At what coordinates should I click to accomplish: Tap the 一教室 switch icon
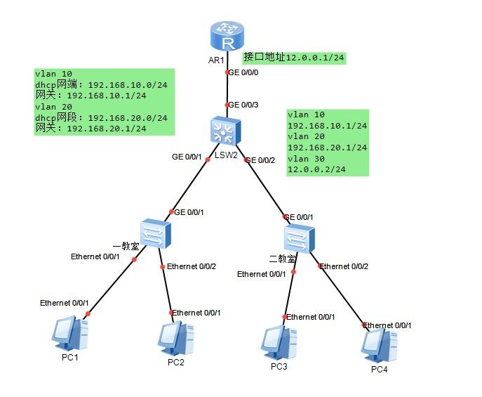[x=151, y=234]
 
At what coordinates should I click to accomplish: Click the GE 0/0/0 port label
[x=244, y=72]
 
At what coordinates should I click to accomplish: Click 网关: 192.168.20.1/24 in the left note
[x=91, y=128]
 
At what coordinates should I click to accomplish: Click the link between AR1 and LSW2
[x=226, y=88]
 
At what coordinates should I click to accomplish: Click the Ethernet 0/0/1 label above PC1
[x=64, y=303]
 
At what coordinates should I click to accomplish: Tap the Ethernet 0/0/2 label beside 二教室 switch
[x=344, y=266]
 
